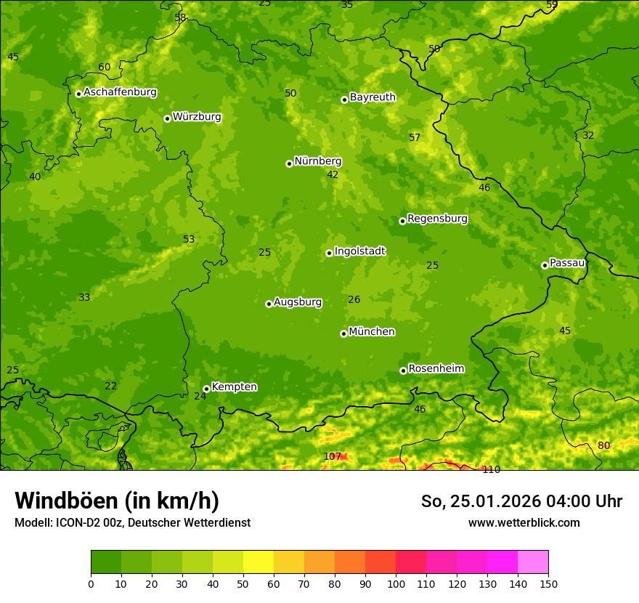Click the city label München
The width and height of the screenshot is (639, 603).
point(372,332)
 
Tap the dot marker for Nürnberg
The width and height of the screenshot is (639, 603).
point(289,163)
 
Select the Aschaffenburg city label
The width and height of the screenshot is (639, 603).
point(120,92)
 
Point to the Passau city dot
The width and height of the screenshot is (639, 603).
point(545,265)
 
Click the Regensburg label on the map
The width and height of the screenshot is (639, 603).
point(437,219)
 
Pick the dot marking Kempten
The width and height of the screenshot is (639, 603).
point(206,389)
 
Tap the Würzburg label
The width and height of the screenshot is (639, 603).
point(197,117)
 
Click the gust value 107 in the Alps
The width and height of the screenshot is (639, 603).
point(332,456)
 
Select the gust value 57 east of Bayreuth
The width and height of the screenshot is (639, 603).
point(415,137)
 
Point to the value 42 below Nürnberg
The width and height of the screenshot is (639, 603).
point(333,174)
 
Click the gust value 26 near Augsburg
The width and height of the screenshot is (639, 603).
point(354,299)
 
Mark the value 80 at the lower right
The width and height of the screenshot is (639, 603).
point(603,445)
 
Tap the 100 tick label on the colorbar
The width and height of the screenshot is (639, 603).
point(396,583)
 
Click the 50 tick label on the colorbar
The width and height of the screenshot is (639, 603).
point(243,583)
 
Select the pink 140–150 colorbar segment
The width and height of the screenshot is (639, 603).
point(533,562)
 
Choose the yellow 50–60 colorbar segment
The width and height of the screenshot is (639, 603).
point(259,562)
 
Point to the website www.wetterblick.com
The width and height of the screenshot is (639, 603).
point(524,522)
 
